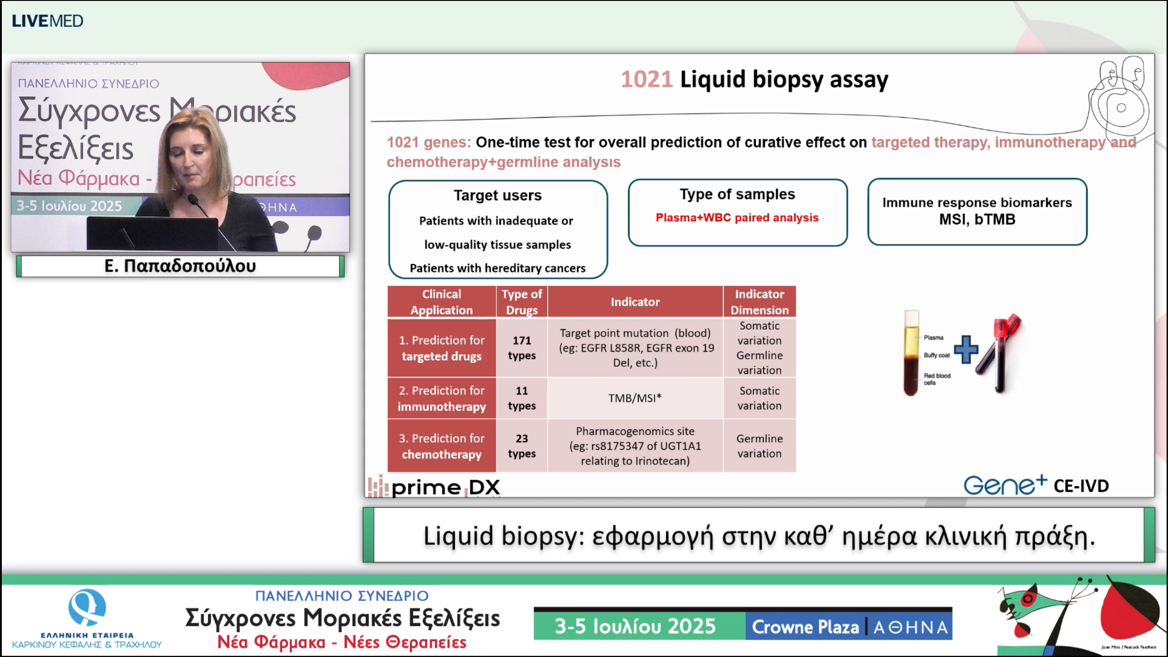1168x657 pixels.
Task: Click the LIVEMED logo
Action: pyautogui.click(x=47, y=21)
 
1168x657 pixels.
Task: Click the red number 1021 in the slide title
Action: pyautogui.click(x=647, y=79)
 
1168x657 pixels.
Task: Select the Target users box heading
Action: pyautogui.click(x=497, y=195)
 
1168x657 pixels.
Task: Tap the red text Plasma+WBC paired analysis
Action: pyautogui.click(x=737, y=218)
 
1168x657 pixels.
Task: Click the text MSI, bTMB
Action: pyautogui.click(x=977, y=219)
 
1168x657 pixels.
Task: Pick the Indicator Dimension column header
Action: pyautogui.click(x=759, y=302)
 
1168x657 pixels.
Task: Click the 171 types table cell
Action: pyautogui.click(x=521, y=348)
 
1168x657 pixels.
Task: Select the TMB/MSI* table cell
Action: pyautogui.click(x=635, y=398)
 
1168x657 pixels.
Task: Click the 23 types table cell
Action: pyautogui.click(x=521, y=446)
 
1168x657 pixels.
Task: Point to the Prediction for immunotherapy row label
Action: pyautogui.click(x=441, y=398)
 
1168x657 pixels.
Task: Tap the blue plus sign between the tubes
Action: pyautogui.click(x=965, y=349)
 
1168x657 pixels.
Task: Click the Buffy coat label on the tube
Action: pyautogui.click(x=936, y=355)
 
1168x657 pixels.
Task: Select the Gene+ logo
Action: pyautogui.click(x=1004, y=485)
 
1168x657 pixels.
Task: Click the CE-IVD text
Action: pyautogui.click(x=1081, y=486)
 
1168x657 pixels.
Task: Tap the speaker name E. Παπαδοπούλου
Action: pyautogui.click(x=180, y=266)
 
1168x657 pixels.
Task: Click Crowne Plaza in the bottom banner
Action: pyautogui.click(x=805, y=627)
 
